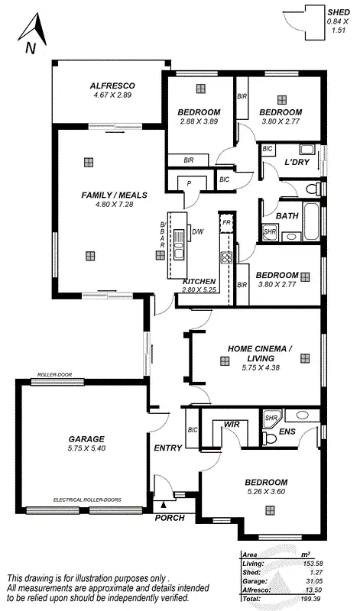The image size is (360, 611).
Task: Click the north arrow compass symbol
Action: coord(30,34)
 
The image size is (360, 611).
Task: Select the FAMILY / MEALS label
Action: coord(108,196)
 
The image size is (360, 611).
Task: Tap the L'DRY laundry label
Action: coord(297,163)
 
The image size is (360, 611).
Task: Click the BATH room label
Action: coord(287,216)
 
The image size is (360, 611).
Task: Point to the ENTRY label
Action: coord(167,448)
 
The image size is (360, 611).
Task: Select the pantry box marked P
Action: coord(188,183)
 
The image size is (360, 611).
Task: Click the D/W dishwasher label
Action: coord(197,231)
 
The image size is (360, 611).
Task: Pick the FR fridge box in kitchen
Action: coord(225,221)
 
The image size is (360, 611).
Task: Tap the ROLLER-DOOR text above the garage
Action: coord(53,376)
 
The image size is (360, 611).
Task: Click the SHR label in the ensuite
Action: coord(271,419)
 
